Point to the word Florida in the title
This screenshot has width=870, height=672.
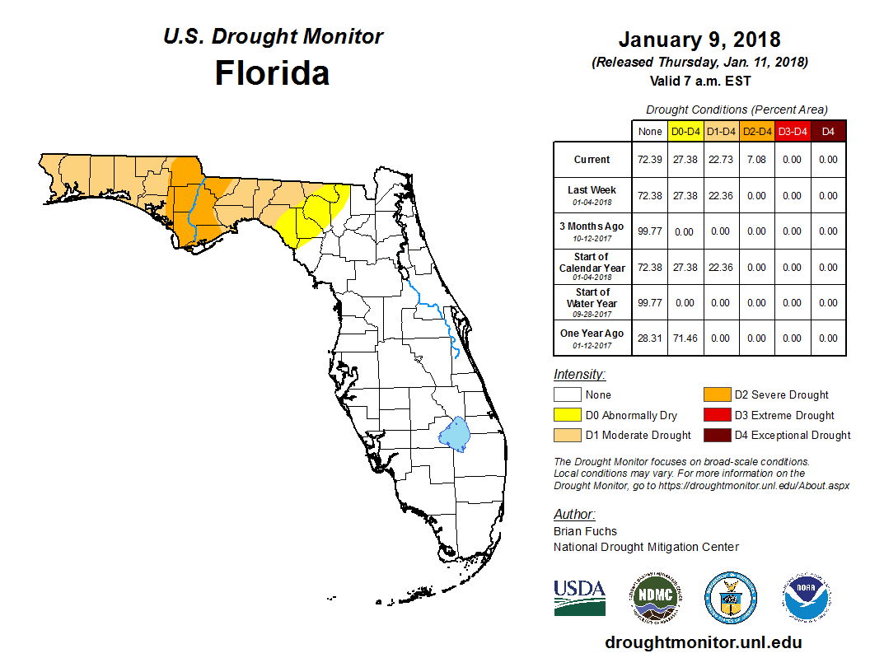coord(272,73)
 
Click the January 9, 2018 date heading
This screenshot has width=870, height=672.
coord(699,40)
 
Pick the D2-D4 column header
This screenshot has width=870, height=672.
coord(757,131)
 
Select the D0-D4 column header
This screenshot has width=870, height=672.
coord(685,131)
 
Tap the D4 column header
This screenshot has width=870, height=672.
coord(828,131)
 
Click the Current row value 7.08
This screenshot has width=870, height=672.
coord(757,160)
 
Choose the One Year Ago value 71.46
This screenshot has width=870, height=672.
coord(685,338)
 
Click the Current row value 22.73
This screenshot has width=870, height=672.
coord(721,160)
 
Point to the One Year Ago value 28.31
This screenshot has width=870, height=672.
coord(649,338)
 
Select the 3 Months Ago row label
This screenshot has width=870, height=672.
coord(592,231)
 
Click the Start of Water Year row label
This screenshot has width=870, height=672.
coord(592,302)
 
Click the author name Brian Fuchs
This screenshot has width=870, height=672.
coord(585,531)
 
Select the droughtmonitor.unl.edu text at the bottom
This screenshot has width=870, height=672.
coord(703,642)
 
